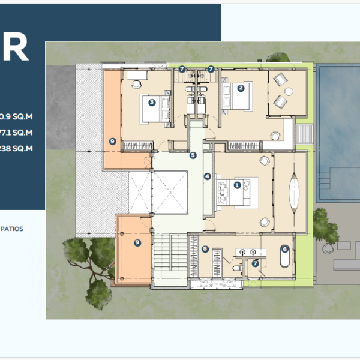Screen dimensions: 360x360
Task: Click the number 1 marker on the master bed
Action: (x=237, y=185)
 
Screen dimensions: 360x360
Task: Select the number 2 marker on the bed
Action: (x=241, y=88)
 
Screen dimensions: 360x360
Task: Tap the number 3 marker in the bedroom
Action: (x=152, y=102)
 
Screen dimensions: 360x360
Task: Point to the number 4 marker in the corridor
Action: (x=208, y=176)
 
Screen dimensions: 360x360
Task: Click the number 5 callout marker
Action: (x=193, y=155)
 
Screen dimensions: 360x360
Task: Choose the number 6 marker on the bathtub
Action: (x=285, y=248)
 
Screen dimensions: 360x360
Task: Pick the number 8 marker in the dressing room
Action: (x=205, y=250)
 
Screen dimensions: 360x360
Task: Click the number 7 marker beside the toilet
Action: (x=255, y=263)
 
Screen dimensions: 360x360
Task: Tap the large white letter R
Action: (x=16, y=50)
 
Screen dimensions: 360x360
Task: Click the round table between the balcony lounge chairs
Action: (x=288, y=91)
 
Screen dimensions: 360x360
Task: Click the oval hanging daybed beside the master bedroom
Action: (x=293, y=190)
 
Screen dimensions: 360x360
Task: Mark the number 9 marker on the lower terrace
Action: (x=137, y=242)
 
